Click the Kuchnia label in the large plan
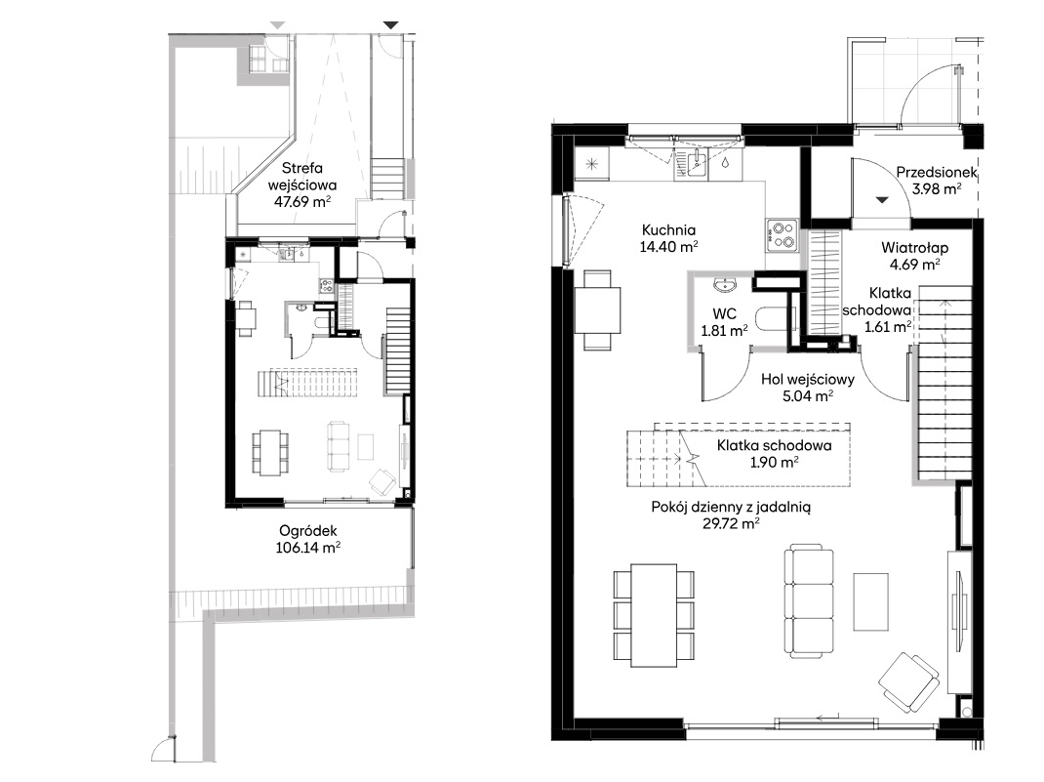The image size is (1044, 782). click(668, 230)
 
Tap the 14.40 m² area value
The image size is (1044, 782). click(668, 247)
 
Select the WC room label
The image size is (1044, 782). click(724, 313)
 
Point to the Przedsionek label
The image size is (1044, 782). click(936, 173)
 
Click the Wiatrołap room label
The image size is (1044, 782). click(915, 248)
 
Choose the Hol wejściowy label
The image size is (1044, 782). click(808, 380)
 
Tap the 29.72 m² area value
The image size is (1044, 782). click(731, 523)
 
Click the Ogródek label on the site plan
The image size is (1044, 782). click(308, 531)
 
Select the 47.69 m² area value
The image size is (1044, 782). click(302, 202)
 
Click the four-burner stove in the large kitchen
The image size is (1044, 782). click(782, 236)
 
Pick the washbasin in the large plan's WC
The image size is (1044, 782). click(724, 285)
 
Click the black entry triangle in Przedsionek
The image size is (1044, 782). click(882, 199)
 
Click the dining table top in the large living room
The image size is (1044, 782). click(654, 615)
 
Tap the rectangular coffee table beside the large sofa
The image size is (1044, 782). click(871, 601)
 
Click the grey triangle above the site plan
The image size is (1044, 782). click(278, 25)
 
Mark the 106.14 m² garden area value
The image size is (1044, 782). click(308, 549)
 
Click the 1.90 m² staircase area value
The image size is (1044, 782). click(775, 463)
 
